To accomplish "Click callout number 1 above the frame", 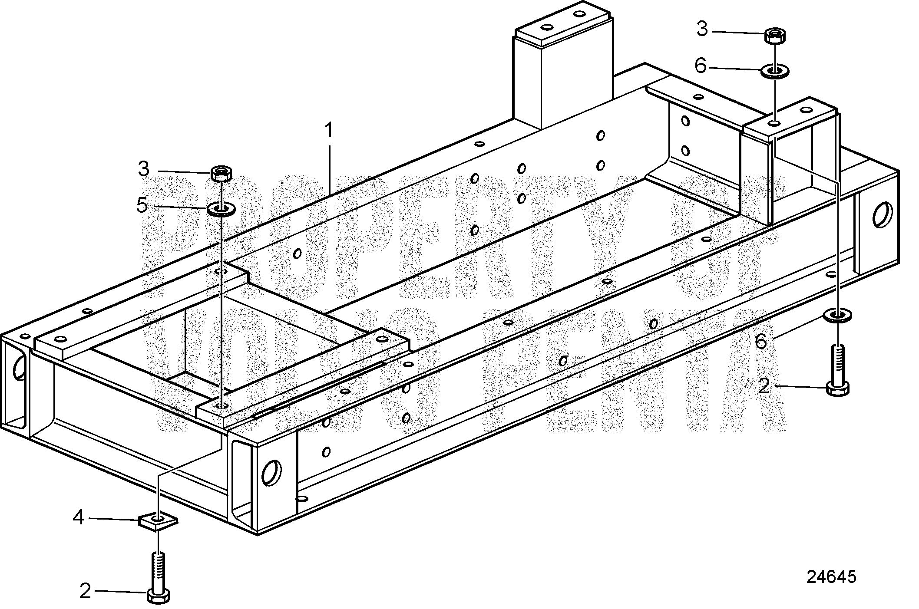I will [x=330, y=130].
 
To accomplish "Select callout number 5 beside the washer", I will [x=142, y=205].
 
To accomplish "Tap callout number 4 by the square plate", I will [x=78, y=517].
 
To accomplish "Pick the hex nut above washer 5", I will [x=221, y=174].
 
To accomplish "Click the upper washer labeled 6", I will [x=775, y=71].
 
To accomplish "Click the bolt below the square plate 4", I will [x=159, y=577].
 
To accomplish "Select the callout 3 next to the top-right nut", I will [x=702, y=29].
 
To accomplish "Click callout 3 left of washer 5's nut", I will [x=143, y=169].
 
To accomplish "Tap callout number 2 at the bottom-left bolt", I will [x=85, y=591].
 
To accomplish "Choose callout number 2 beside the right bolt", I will [x=764, y=385].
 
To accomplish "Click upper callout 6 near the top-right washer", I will [x=701, y=66].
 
